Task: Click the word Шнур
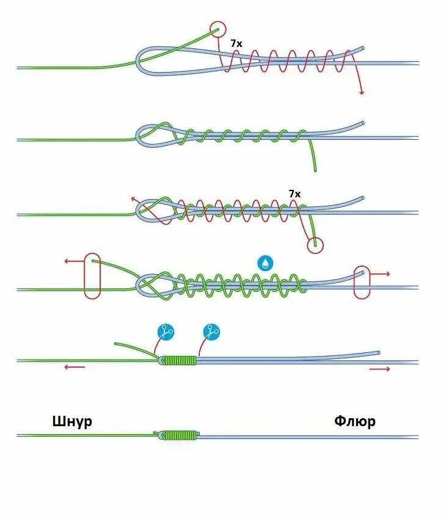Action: point(73,421)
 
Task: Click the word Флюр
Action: point(355,421)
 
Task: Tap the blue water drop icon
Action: point(265,263)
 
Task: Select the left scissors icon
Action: point(166,332)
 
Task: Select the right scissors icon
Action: point(211,332)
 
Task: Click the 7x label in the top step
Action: point(236,44)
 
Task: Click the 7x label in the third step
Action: point(294,194)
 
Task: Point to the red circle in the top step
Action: point(218,29)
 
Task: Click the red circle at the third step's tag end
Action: point(315,245)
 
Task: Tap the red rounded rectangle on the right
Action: point(362,282)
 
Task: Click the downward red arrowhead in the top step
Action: point(362,92)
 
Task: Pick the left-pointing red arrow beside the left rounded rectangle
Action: point(72,261)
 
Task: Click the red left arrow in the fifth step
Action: point(75,367)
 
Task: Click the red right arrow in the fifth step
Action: point(379,369)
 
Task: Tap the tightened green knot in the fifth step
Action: point(180,360)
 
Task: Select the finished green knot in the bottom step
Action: point(180,435)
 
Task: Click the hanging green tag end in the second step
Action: point(314,156)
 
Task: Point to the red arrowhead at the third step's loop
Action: point(133,199)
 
